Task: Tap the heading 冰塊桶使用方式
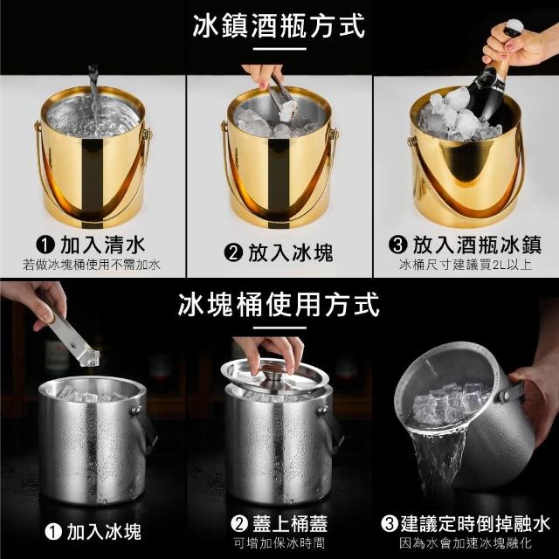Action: point(279,305)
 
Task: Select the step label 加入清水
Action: point(103,245)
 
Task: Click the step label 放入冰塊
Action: point(291,252)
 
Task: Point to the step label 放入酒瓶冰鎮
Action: point(477,245)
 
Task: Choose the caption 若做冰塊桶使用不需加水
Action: point(92,265)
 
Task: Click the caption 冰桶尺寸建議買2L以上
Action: point(466,265)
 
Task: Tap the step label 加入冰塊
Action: point(104,532)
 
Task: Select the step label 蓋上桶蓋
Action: point(290,524)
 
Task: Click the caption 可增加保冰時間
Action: point(279,543)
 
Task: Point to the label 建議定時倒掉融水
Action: point(475,524)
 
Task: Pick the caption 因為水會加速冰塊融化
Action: point(466,543)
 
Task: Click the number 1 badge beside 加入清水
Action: point(45,245)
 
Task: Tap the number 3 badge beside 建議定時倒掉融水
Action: point(390,524)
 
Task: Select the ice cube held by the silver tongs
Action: point(88,357)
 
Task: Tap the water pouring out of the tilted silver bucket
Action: point(438,460)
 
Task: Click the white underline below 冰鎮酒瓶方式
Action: point(279,49)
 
